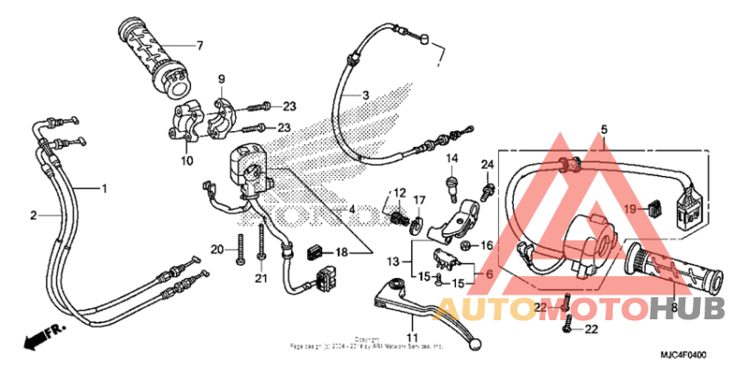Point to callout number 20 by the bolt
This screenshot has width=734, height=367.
[217, 250]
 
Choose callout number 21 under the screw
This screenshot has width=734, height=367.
[261, 279]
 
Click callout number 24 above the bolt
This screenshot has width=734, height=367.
[487, 164]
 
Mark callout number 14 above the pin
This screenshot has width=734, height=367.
[452, 160]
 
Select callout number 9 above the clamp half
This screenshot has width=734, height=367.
[221, 79]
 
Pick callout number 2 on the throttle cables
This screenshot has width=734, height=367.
[34, 216]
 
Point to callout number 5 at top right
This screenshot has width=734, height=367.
[604, 129]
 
